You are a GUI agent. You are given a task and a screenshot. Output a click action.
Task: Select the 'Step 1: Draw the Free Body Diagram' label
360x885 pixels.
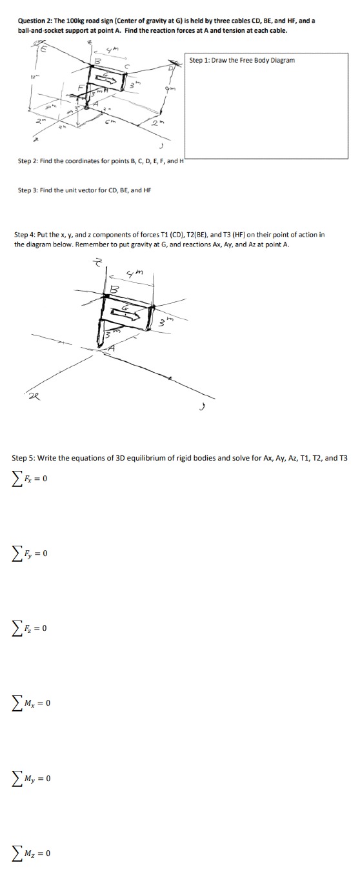click(x=242, y=60)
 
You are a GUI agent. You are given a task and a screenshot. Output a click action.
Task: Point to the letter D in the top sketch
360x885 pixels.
click(x=171, y=68)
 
